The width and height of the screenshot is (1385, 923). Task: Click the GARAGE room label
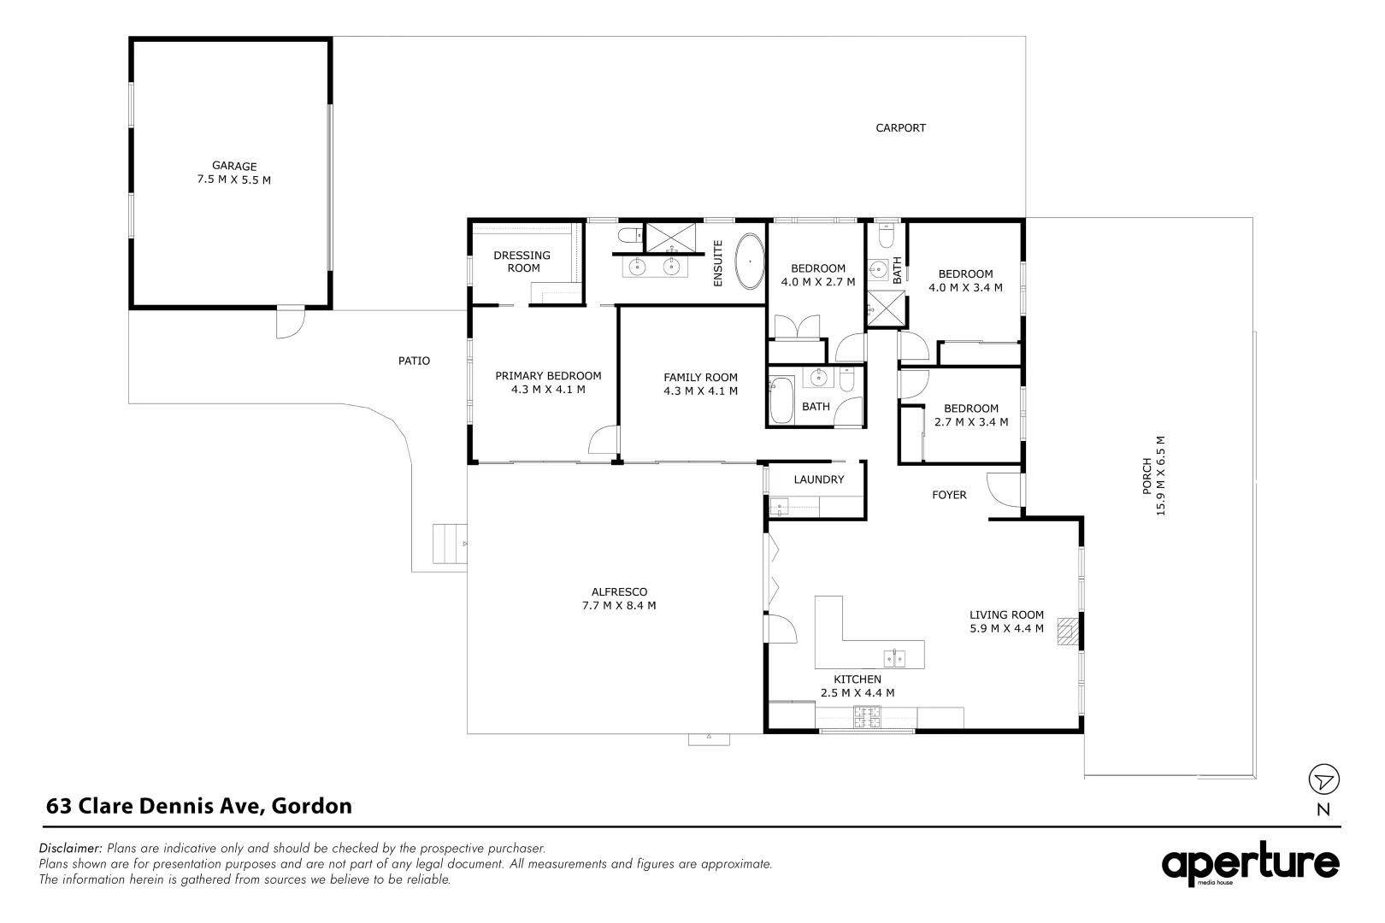234,167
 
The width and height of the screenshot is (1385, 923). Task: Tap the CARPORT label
900,128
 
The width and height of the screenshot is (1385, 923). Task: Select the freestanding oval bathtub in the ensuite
750,261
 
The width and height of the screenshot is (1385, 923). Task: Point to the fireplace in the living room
1067,632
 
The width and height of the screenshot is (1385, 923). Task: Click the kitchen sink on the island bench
894,657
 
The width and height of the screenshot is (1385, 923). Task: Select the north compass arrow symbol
1323,779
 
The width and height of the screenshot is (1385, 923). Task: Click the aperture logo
1249,865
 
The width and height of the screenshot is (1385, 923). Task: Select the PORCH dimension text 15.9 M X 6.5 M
1160,476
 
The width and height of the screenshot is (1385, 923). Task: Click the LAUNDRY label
818,479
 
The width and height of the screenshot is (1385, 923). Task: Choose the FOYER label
949,495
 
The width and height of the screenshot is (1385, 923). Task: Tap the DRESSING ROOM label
522,262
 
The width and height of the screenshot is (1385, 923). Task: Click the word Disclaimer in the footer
71,849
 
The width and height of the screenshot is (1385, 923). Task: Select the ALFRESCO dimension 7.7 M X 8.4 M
619,605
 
